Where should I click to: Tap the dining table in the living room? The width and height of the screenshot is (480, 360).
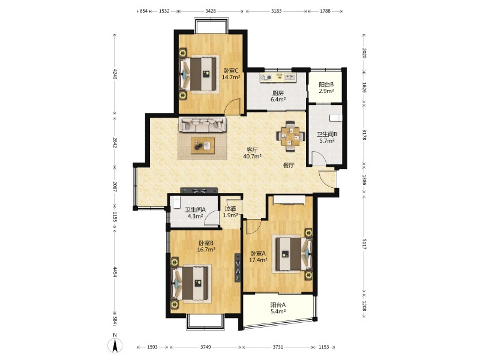291,136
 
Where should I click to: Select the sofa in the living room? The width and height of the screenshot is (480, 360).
202,124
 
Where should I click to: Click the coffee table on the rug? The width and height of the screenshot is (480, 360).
203,145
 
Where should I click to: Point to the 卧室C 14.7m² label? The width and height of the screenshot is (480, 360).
231,74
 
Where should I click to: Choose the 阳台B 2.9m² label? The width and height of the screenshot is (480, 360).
326,88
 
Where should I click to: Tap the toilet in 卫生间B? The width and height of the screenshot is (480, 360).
336,118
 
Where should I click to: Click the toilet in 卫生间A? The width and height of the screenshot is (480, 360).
176,203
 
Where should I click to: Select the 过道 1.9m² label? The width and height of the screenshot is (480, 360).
230,212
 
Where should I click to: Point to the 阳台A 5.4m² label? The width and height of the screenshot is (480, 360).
278,308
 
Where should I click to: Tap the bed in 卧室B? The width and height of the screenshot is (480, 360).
191,284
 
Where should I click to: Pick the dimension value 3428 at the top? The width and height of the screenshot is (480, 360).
211,11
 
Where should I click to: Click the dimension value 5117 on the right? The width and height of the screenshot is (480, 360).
364,244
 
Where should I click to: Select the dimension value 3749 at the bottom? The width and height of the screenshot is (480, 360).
205,347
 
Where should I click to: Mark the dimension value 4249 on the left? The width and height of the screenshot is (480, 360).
115,74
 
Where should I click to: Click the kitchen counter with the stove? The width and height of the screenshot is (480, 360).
278,77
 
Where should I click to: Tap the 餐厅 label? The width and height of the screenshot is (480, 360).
289,166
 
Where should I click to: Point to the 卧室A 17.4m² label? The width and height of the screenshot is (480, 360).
258,257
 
